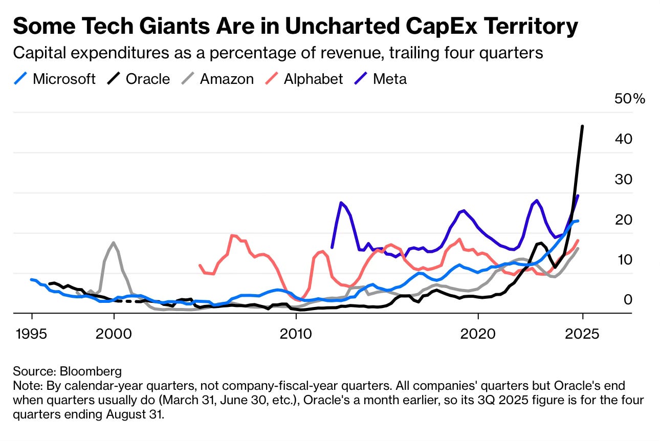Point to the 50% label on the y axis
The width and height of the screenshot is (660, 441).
coord(630,99)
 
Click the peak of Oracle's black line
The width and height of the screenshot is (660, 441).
coord(582,126)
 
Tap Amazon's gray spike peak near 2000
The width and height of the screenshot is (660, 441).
coord(113,242)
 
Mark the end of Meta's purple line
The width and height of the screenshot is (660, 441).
coord(578,195)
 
